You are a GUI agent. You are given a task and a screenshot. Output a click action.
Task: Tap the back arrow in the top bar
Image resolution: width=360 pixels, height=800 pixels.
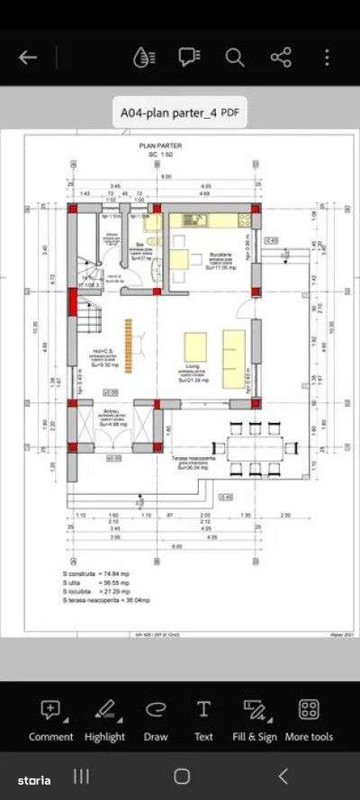coord(28,58)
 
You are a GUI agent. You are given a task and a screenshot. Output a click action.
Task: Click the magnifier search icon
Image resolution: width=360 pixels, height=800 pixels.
coord(235,58)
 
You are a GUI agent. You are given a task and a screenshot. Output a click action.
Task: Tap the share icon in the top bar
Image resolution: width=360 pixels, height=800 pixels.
coord(281,58)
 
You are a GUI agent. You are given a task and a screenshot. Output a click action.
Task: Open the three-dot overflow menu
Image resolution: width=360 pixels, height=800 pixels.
coord(327,58)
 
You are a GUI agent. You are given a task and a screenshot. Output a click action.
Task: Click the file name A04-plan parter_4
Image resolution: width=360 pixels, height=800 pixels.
coord(180,112)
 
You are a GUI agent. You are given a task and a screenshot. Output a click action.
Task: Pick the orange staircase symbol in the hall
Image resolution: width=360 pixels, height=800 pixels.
coord(130,337)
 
